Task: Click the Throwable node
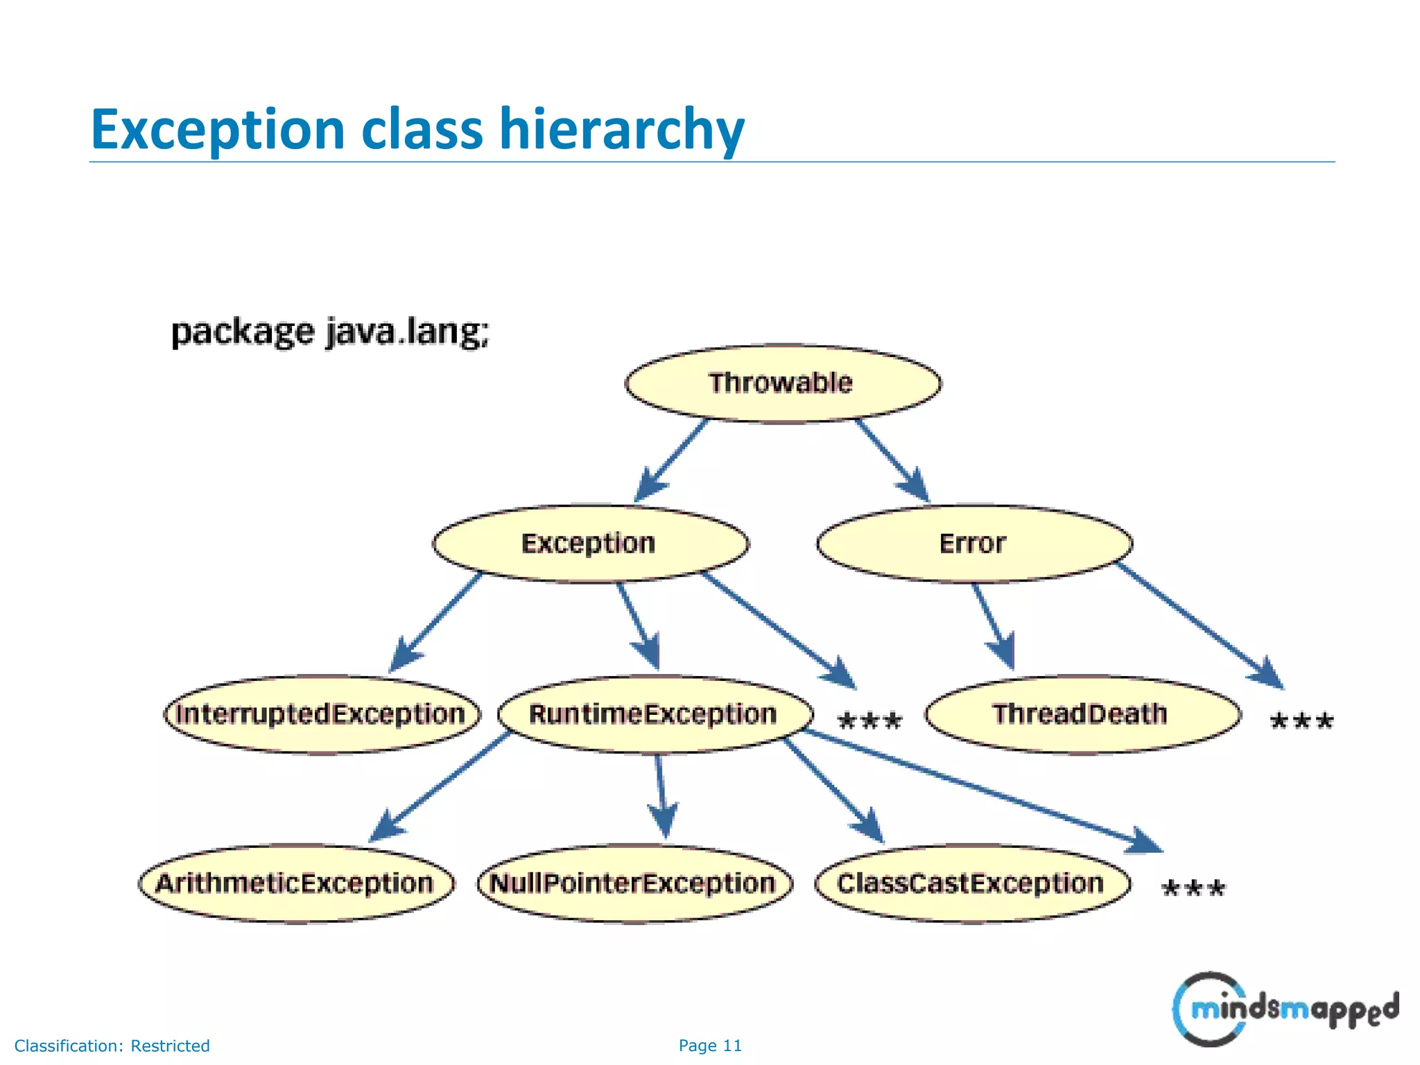click(x=783, y=383)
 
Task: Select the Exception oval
click(x=590, y=544)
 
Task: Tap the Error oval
click(x=973, y=544)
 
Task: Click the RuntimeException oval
click(x=655, y=714)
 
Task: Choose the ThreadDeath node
click(x=1082, y=714)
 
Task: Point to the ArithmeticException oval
click(x=296, y=883)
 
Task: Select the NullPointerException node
click(x=634, y=883)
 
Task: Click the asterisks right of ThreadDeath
click(x=1301, y=722)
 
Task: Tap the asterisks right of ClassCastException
click(x=1193, y=889)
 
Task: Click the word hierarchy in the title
click(x=621, y=130)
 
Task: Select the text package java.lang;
click(x=330, y=332)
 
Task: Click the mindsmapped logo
click(x=1284, y=1009)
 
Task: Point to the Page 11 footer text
click(x=710, y=1046)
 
